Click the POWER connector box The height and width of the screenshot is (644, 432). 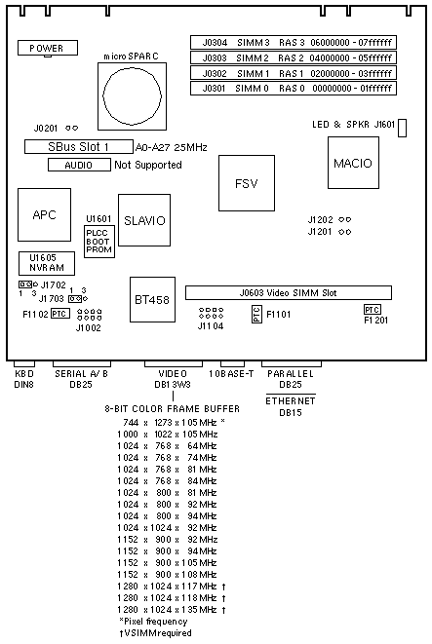click(47, 48)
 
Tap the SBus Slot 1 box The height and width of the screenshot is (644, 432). click(79, 146)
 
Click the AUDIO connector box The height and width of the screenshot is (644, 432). click(79, 165)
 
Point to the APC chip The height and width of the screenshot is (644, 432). click(44, 214)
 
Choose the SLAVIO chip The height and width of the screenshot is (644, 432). click(144, 220)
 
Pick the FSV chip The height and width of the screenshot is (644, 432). click(247, 183)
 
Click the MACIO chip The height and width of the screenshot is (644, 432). click(353, 163)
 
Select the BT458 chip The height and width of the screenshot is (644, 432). click(152, 299)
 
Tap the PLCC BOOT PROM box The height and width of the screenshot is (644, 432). click(99, 242)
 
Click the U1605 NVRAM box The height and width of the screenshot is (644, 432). click(47, 263)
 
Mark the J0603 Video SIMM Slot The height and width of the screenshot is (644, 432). click(288, 293)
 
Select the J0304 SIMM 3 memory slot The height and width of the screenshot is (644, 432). click(294, 42)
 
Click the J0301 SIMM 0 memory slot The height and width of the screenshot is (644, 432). click(294, 88)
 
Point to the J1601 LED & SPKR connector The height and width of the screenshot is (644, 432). click(403, 128)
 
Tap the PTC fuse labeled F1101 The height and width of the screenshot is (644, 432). click(256, 314)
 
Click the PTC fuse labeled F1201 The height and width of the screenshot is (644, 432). click(372, 309)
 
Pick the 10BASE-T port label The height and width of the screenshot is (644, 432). click(231, 373)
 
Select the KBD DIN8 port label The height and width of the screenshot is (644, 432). click(23, 379)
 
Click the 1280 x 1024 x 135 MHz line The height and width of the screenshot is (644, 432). click(172, 610)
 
